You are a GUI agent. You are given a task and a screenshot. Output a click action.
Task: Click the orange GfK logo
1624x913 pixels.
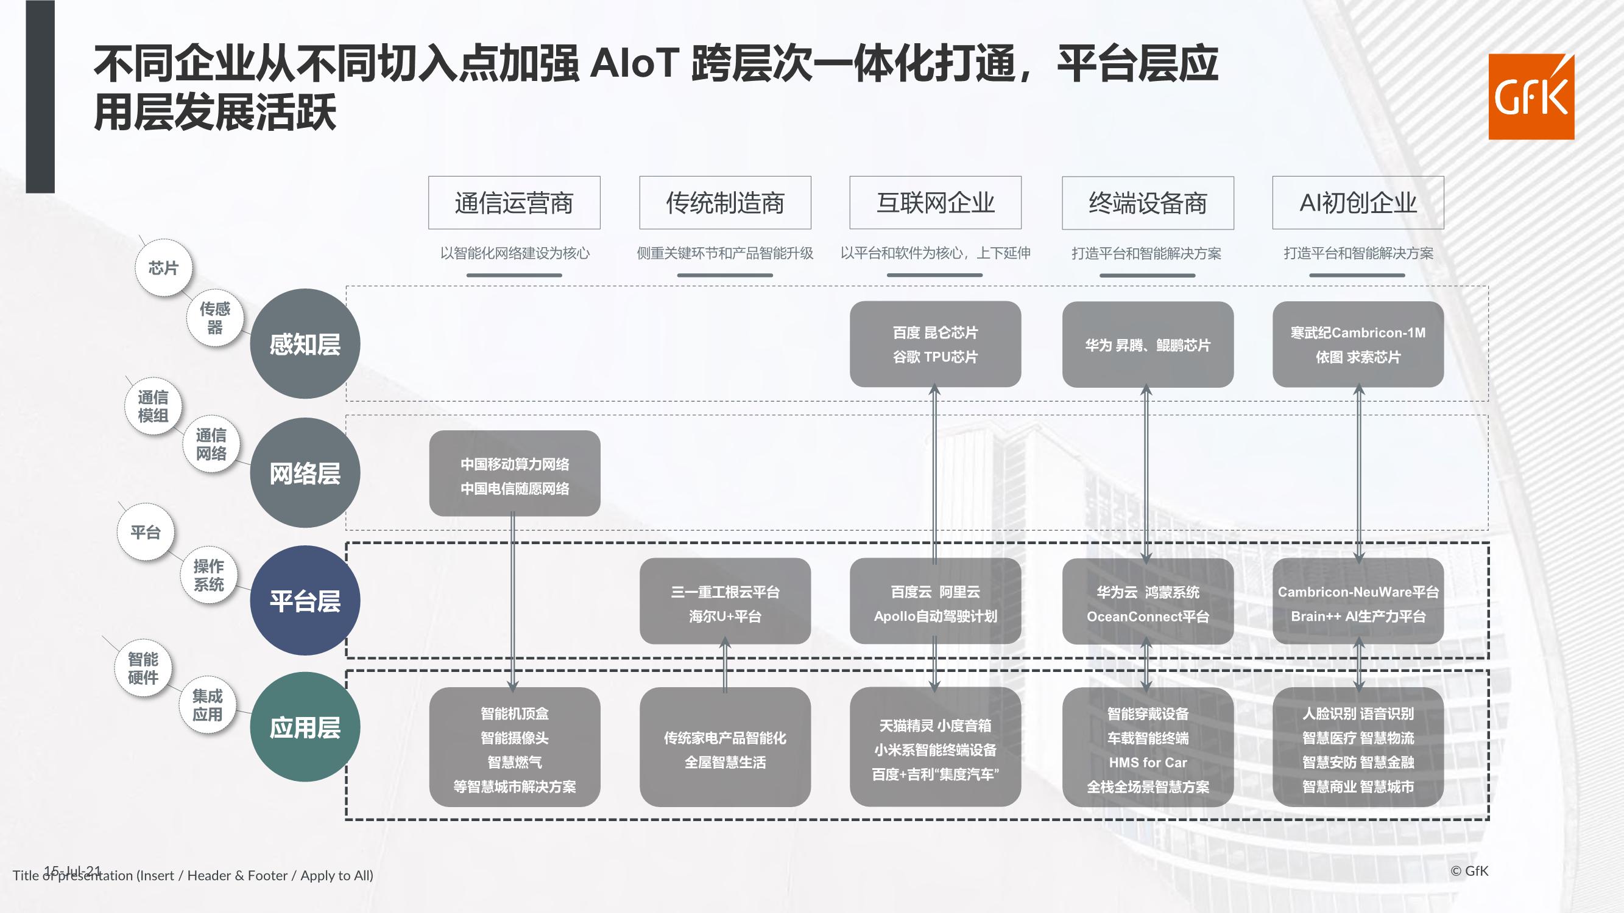[x=1531, y=96]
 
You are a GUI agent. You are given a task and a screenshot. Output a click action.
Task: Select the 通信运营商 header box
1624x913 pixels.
[x=514, y=202]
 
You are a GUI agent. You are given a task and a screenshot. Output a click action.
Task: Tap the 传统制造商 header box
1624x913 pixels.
[x=725, y=202]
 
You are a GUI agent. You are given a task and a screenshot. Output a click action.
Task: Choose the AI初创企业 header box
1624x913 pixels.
[x=1358, y=202]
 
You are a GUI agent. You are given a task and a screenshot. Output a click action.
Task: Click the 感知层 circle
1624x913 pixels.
[x=305, y=343]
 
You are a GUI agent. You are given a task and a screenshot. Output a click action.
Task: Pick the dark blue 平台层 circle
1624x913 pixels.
[x=305, y=601]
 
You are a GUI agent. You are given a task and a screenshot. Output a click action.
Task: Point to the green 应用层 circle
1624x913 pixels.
[x=305, y=727]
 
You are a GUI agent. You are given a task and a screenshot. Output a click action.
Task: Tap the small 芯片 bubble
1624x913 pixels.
[x=163, y=268]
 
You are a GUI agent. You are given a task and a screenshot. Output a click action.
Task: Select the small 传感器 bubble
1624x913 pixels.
[x=215, y=318]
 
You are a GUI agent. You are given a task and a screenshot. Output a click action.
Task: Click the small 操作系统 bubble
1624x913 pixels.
[x=209, y=575]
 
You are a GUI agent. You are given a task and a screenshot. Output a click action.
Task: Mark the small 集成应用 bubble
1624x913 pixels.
[x=207, y=705]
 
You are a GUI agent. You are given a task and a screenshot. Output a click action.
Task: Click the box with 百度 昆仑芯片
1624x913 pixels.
[x=935, y=344]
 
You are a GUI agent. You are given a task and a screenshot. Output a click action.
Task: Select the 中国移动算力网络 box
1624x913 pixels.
[x=515, y=473]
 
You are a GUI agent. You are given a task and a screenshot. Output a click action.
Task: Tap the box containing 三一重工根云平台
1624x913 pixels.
[x=725, y=601]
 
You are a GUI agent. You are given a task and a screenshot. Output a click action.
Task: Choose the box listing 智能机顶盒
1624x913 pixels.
[x=515, y=747]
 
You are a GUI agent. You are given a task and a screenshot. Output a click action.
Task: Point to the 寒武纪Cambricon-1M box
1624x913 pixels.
[x=1358, y=344]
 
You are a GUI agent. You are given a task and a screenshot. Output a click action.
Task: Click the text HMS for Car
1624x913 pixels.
[x=1148, y=763]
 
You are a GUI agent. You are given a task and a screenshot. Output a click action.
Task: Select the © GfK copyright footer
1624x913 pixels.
[x=1469, y=871]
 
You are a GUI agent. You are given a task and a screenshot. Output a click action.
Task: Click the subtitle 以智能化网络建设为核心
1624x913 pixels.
[x=515, y=253]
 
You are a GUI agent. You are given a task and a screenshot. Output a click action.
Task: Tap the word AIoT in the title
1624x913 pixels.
[x=634, y=63]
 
